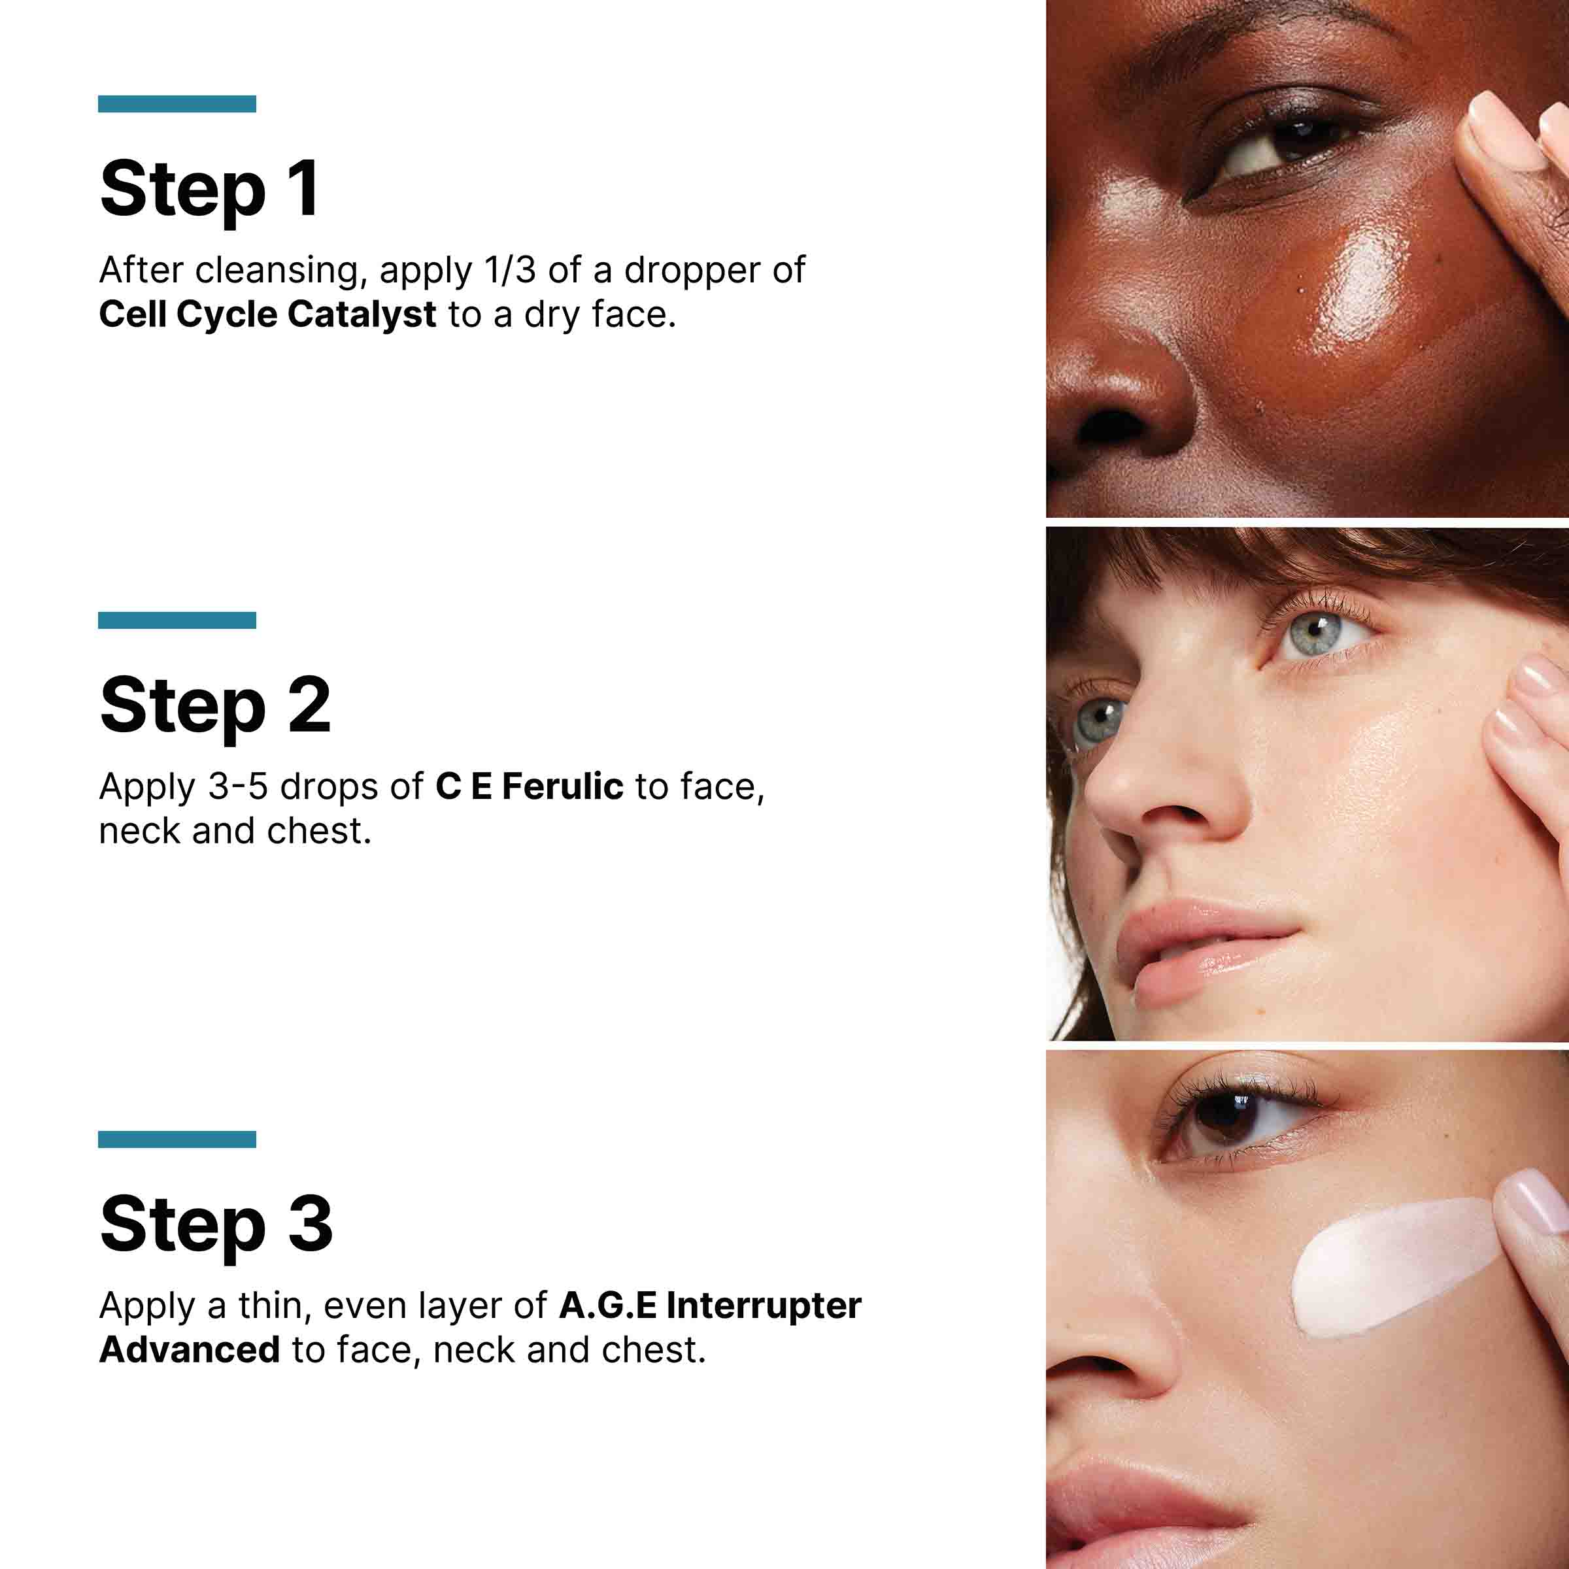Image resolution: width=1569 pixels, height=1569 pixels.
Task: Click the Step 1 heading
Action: pos(209,189)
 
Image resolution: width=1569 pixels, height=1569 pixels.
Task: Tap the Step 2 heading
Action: pos(214,705)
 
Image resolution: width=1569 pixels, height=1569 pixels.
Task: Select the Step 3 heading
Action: pos(215,1224)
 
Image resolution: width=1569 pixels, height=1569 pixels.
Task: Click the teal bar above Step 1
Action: pos(177,104)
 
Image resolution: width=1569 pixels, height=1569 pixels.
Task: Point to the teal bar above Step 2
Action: pos(177,620)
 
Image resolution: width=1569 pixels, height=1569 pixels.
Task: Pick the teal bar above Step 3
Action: pos(177,1139)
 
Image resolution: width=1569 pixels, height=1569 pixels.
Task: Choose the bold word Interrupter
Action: pos(764,1306)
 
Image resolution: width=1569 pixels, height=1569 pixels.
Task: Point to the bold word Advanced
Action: pos(189,1351)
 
